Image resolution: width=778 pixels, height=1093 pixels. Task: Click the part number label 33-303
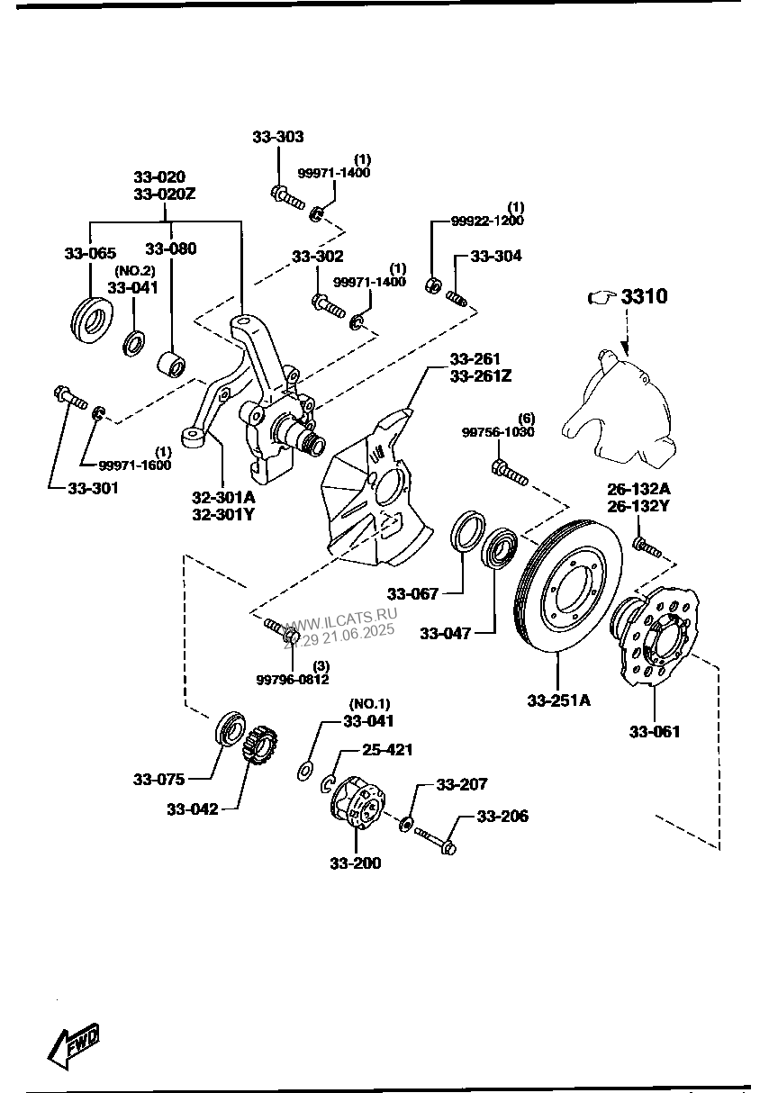tap(277, 138)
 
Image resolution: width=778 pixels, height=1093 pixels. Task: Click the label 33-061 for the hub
tap(655, 731)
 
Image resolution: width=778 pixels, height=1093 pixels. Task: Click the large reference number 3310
tap(645, 296)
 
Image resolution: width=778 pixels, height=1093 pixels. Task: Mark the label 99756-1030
tap(498, 432)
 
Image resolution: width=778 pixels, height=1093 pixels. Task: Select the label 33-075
tap(158, 779)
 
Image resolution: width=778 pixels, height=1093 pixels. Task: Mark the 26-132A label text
tap(638, 489)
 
